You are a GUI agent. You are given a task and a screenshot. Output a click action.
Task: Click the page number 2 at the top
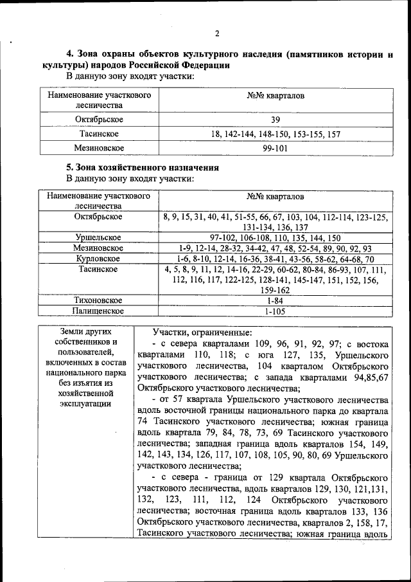217,34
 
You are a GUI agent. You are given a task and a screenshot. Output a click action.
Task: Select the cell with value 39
275,120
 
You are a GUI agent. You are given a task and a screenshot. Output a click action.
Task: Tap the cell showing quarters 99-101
275,148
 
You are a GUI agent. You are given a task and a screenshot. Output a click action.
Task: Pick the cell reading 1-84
275,300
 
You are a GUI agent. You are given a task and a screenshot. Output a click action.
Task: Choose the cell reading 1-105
275,311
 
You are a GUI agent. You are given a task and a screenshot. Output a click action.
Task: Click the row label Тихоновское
98,300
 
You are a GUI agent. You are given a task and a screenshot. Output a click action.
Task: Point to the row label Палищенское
98,311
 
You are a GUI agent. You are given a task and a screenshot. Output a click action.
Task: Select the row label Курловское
98,258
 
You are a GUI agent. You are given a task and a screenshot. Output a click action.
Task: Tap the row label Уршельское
98,237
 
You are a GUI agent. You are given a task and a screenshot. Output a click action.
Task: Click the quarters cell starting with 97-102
275,237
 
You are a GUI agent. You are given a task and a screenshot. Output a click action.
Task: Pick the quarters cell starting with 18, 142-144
275,134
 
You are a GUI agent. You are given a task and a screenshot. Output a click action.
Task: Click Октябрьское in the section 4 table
98,120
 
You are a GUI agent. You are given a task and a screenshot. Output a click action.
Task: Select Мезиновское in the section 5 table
98,248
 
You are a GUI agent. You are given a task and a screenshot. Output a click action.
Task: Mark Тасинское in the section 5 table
98,269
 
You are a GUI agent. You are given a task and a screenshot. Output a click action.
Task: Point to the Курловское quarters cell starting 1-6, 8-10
275,258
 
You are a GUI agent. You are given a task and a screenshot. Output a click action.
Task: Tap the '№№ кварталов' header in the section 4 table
275,96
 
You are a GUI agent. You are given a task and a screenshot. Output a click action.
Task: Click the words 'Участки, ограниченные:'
202,332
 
